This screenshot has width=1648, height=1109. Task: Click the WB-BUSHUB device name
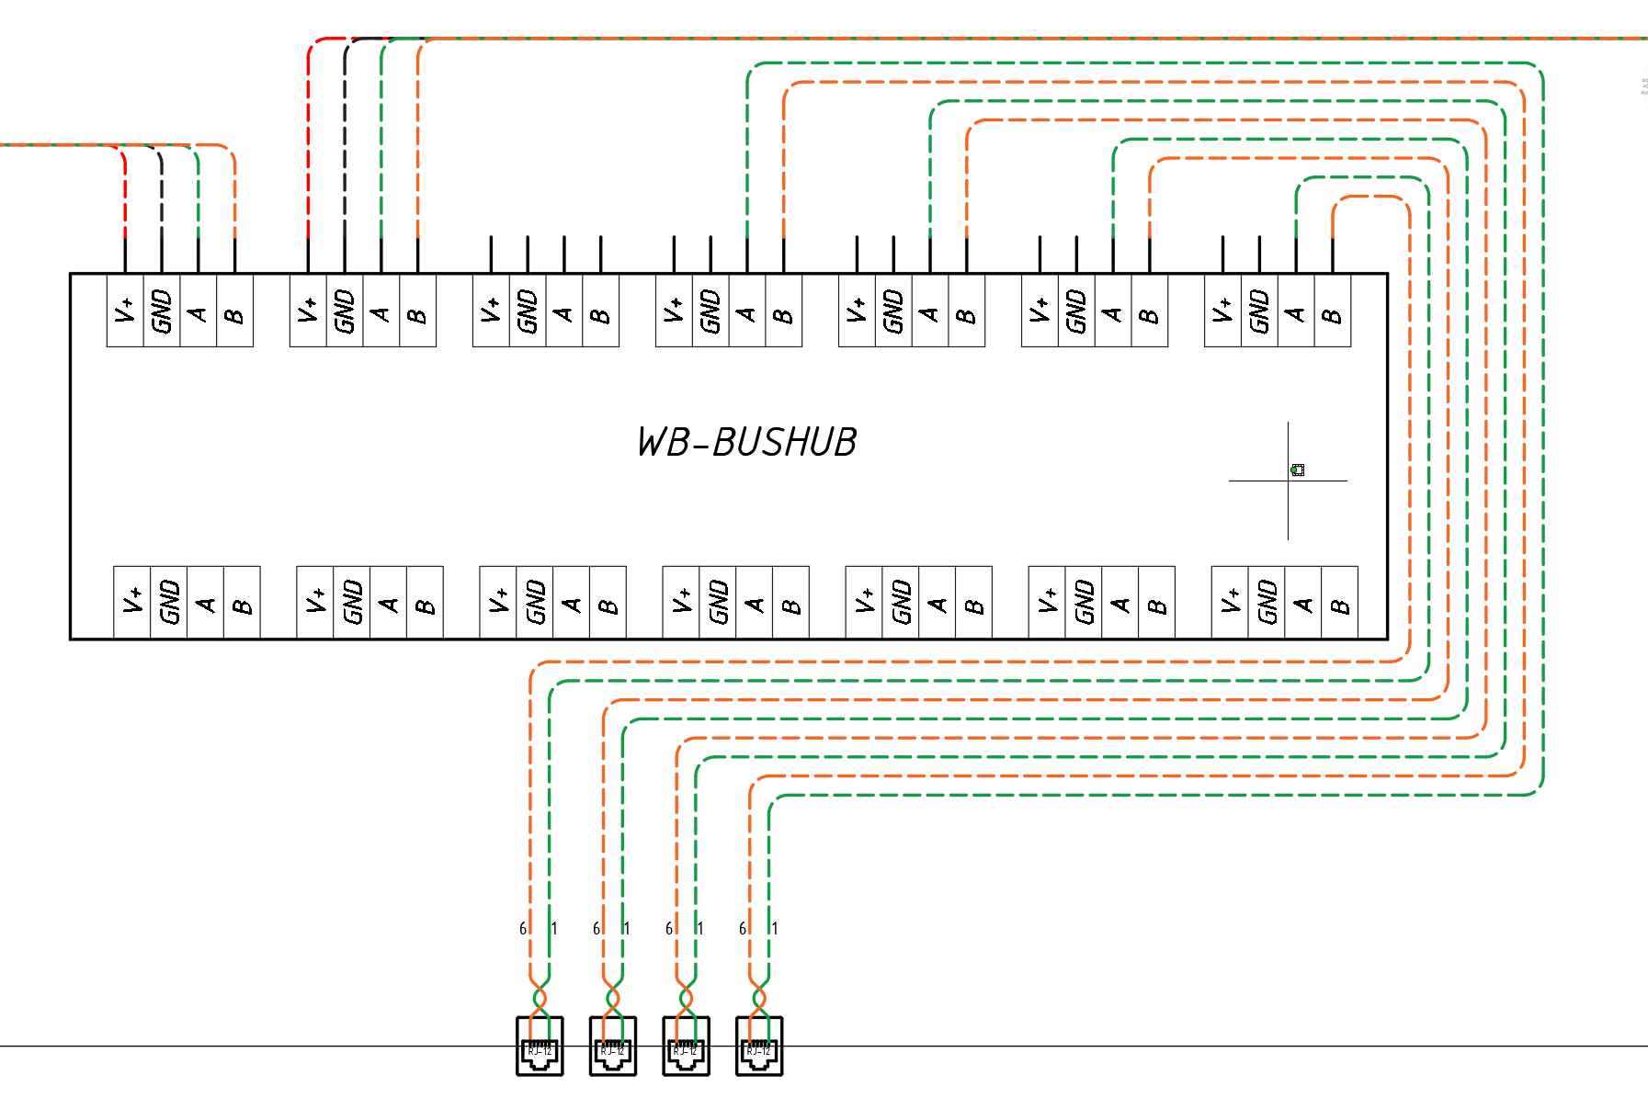coord(746,442)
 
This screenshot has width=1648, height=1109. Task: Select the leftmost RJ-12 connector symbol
coord(540,1047)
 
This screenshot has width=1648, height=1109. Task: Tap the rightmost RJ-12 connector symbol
coord(759,1047)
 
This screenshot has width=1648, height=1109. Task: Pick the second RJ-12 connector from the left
coord(613,1047)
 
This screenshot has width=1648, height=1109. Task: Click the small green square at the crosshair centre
coord(1298,470)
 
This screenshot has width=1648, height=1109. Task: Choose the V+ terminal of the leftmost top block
coord(125,311)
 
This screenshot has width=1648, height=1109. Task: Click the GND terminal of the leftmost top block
coord(162,311)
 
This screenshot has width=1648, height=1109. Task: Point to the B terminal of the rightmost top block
coord(1332,311)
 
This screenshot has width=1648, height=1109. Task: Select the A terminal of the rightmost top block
coord(1296,311)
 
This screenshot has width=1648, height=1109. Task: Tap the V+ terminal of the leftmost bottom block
coord(132,602)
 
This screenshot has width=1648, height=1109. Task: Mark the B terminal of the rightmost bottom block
coord(1339,602)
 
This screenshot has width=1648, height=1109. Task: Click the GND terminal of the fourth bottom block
coord(718,602)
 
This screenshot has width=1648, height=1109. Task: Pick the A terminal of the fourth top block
coord(746,311)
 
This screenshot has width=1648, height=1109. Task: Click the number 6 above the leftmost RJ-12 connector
coord(523,929)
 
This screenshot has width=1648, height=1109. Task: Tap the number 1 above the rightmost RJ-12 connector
coord(775,929)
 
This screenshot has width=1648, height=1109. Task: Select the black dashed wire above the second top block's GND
coord(345,138)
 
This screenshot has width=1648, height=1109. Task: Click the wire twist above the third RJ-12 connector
coord(686,998)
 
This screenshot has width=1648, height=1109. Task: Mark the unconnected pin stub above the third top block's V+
coord(491,255)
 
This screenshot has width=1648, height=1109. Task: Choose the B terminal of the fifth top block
coord(966,311)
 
